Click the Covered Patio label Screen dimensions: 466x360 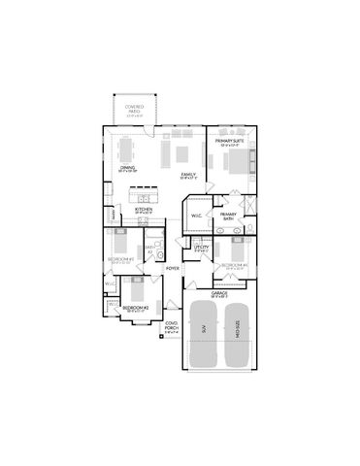[135, 109]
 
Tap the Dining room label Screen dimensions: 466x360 [127, 168]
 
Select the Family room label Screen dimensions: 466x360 [188, 176]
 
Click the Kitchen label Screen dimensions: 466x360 [143, 208]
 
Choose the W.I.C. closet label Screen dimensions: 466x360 [195, 216]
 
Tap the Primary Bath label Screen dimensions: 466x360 [228, 216]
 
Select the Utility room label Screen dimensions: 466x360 [201, 248]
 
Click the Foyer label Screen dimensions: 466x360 [172, 268]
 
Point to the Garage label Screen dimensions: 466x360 [219, 289]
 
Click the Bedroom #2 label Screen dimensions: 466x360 [133, 308]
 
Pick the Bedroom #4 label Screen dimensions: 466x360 [233, 264]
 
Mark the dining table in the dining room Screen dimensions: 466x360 [125, 150]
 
